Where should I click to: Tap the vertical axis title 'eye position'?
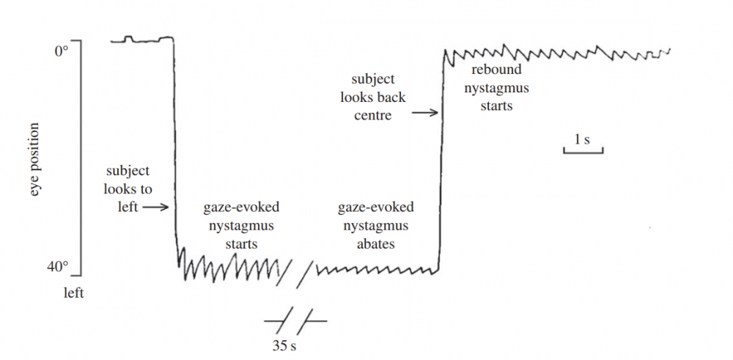(x=34, y=159)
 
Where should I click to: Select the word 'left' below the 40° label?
(x=73, y=293)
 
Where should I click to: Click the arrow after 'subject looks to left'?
(x=155, y=207)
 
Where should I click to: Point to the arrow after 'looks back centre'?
(x=424, y=113)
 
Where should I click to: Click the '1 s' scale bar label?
(x=583, y=139)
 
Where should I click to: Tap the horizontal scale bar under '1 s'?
(x=583, y=152)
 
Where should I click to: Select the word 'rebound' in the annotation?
(x=497, y=70)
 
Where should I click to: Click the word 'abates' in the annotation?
(x=376, y=243)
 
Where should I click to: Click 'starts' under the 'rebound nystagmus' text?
(x=496, y=106)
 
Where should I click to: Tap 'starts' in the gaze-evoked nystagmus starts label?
(x=240, y=243)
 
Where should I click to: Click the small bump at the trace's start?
(x=129, y=37)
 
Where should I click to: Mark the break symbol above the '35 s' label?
(x=295, y=320)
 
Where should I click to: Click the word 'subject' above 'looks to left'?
(x=128, y=171)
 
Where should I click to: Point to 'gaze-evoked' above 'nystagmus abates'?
(x=376, y=207)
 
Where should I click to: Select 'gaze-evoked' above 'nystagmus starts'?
(x=241, y=207)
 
